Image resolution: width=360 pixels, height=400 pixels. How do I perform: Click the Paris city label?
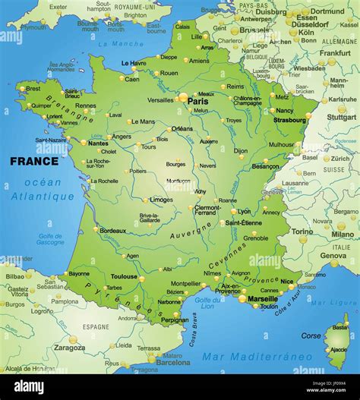[x=198, y=101]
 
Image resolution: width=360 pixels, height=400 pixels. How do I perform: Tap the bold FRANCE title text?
[x=33, y=161]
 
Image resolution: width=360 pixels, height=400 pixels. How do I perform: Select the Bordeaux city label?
[x=112, y=230]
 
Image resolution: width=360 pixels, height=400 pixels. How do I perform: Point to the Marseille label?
[x=262, y=298]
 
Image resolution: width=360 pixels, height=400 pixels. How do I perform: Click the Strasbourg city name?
[x=290, y=119]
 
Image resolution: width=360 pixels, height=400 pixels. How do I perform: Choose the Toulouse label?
[x=124, y=277]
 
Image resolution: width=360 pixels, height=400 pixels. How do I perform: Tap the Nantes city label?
[x=98, y=143]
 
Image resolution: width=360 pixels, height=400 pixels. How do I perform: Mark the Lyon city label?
[x=244, y=212]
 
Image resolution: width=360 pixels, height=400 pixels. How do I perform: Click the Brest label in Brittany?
[x=33, y=89]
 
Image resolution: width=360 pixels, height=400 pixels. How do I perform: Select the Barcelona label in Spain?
[x=172, y=362]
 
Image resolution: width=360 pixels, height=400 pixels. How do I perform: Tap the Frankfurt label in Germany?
[x=335, y=53]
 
